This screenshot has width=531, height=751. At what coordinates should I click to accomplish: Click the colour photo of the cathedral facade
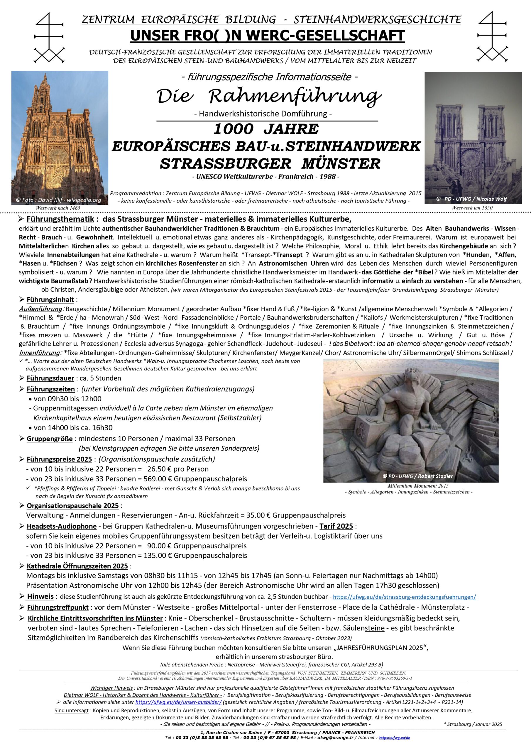coord(60,137)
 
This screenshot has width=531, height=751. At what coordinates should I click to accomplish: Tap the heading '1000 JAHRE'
coord(266,129)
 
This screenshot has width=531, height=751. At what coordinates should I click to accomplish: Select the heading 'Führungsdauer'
coord(50,378)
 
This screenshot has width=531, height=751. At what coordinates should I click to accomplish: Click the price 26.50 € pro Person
coord(178,469)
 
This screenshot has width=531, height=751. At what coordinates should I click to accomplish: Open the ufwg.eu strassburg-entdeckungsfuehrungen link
coord(404,597)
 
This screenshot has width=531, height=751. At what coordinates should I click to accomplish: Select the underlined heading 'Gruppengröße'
coord(49,439)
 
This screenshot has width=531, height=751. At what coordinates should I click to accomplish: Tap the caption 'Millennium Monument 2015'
coord(418,486)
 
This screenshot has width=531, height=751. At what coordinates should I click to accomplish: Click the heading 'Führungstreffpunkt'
coord(58,608)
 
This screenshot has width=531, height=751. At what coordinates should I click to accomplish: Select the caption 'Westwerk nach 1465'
coord(58,208)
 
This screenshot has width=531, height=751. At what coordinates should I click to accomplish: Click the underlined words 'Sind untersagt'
coord(71,711)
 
